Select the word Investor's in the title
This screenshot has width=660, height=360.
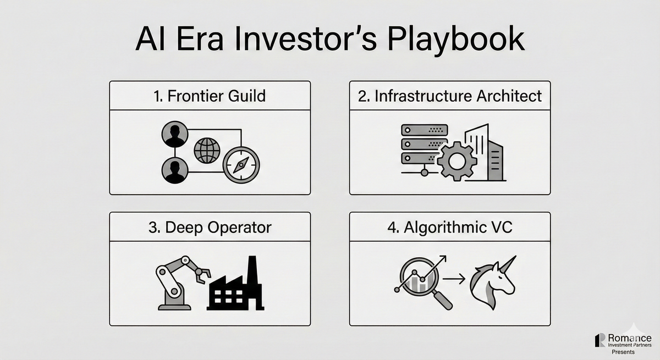pos(306,39)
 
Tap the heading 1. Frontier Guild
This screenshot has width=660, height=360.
pos(210,96)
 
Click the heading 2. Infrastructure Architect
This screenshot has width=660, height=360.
pos(450,96)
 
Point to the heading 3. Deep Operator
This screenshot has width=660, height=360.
pos(210,228)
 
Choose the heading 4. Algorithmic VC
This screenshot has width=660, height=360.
pos(450,228)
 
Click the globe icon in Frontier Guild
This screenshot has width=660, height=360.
pos(207,151)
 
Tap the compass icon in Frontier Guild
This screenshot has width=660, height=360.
pos(241,165)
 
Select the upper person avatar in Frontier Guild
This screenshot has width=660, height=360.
pos(175,134)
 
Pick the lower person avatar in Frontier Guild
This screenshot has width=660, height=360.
pos(175,170)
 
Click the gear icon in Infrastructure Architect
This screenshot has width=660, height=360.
pos(456,161)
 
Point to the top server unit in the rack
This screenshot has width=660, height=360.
pos(425,130)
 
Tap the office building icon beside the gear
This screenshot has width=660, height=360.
pos(484,152)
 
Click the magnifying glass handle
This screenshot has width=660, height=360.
pos(443,300)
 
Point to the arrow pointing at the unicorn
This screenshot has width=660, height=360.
pos(454,279)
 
